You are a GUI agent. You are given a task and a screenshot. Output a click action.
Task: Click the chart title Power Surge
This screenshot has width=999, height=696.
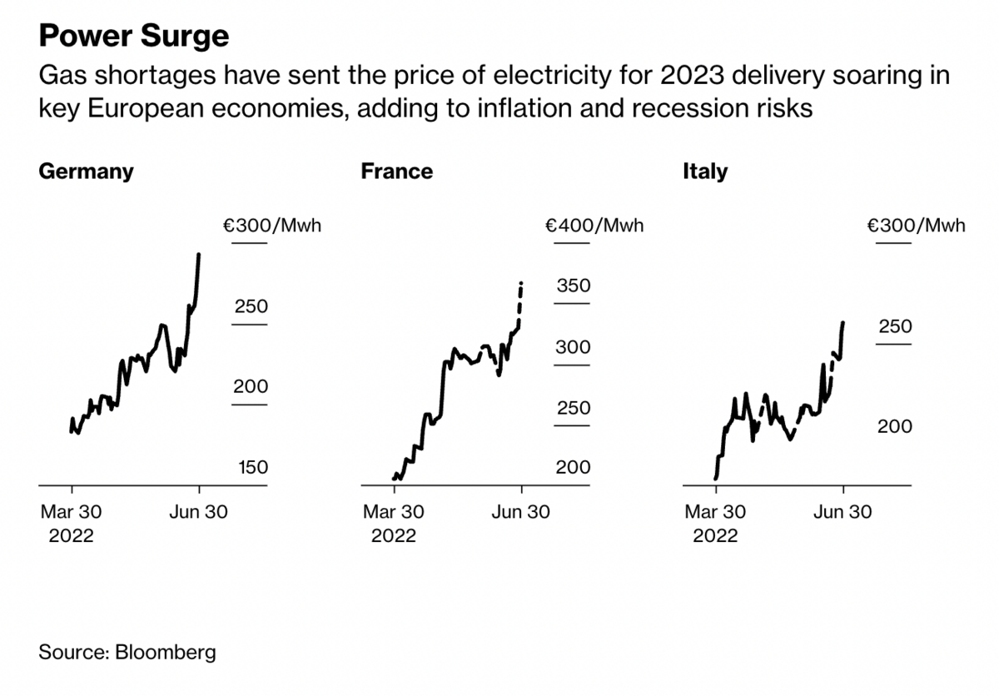click(133, 36)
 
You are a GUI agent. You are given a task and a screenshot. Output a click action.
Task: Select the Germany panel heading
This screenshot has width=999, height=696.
click(86, 172)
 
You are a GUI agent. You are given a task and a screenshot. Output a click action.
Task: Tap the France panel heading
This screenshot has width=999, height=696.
click(396, 172)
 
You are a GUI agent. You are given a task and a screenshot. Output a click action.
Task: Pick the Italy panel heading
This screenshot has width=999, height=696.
click(704, 172)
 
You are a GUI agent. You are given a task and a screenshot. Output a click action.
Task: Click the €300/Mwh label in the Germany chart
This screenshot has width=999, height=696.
click(271, 225)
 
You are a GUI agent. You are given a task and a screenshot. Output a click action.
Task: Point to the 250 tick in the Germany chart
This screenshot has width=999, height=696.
click(251, 306)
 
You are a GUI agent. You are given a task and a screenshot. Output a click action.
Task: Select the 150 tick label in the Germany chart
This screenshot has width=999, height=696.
click(253, 467)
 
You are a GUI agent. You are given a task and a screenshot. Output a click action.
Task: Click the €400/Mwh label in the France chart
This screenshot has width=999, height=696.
click(594, 225)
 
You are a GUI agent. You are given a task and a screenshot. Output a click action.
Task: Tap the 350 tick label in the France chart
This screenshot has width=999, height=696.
click(573, 286)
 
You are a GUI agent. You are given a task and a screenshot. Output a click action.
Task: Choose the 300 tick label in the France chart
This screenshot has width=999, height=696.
click(573, 347)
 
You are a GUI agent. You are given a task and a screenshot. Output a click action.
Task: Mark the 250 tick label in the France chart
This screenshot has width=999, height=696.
click(573, 408)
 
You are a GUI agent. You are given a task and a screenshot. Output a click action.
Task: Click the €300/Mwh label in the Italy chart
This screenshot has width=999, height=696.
click(916, 225)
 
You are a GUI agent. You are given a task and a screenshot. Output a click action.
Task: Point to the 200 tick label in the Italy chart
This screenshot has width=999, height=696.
click(895, 426)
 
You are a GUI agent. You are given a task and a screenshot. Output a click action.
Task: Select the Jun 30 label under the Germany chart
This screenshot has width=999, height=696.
click(197, 511)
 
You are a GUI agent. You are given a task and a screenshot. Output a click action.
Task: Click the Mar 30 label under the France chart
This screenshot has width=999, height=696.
click(394, 511)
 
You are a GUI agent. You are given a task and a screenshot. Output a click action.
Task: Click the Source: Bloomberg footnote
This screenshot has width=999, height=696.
click(127, 651)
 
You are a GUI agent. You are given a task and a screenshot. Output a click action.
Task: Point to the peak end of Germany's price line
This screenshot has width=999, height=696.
click(198, 255)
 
